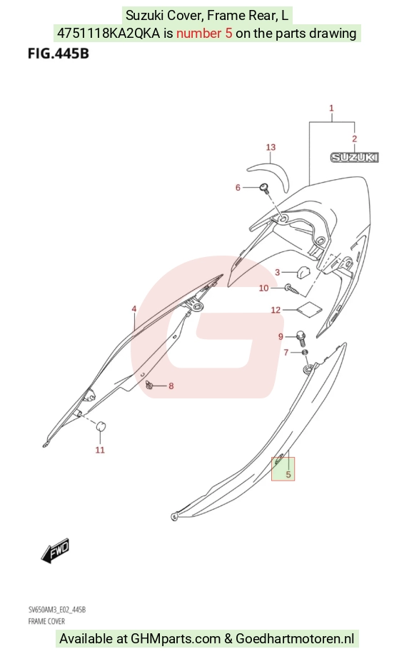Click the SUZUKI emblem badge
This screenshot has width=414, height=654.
354,157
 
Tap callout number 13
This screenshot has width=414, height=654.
271,147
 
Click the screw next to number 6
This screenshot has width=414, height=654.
264,188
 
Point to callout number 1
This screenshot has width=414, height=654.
331,108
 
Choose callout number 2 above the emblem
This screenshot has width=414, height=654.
354,139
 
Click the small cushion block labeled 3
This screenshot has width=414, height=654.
303,271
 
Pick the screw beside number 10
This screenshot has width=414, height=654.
292,289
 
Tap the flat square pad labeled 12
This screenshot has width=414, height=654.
309,308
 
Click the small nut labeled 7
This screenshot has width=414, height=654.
306,353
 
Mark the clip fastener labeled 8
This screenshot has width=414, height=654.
148,385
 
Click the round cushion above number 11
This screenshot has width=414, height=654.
101,427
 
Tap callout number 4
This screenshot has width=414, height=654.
133,309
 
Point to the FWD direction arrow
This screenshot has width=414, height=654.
55,550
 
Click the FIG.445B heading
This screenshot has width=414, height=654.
59,54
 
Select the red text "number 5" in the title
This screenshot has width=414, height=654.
204,33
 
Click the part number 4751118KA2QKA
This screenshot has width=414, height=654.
108,33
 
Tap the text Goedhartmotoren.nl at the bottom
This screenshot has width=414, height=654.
295,638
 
